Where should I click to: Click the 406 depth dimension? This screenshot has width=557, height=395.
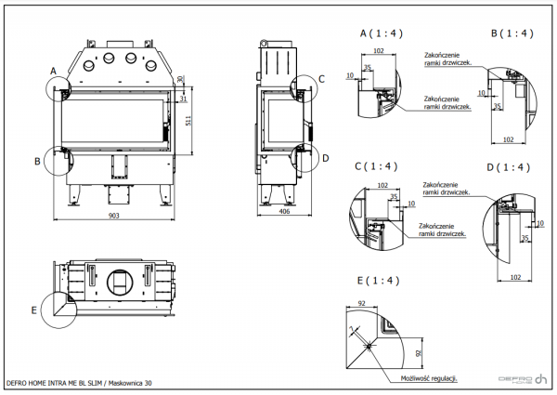click(285, 212)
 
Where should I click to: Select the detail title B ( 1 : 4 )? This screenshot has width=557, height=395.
click(512, 33)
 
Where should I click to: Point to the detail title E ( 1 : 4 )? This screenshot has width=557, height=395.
click(378, 280)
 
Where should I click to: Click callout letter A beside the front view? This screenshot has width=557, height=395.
click(53, 71)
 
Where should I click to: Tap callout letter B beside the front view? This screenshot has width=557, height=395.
click(38, 161)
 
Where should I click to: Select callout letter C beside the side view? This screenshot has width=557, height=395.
click(321, 79)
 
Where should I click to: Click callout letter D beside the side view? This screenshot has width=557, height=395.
click(325, 158)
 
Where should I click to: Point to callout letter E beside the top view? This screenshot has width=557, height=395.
click(34, 309)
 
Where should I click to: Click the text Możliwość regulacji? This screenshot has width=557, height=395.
click(429, 379)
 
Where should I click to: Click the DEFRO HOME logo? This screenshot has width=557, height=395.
click(522, 378)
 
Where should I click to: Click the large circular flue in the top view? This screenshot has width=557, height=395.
click(120, 281)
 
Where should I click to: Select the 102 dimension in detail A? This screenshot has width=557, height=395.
click(378, 51)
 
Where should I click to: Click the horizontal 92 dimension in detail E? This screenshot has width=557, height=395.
click(363, 303)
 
